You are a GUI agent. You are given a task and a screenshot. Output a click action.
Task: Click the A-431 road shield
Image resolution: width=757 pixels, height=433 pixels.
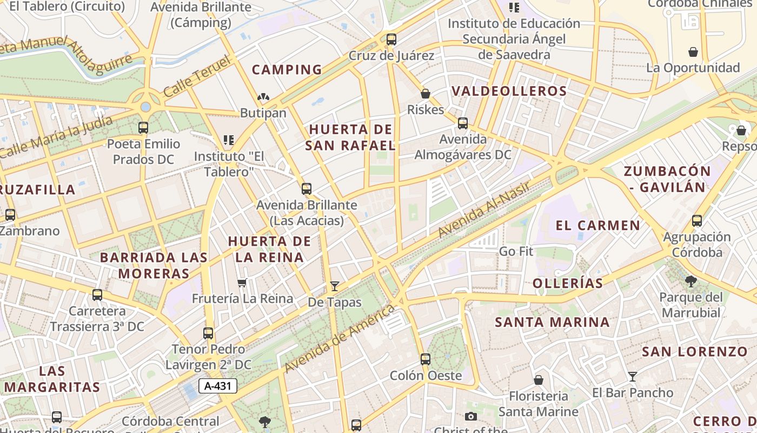pos(218,386)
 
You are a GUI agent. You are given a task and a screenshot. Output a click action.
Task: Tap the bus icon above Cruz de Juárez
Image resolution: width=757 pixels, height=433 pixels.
pos(391,40)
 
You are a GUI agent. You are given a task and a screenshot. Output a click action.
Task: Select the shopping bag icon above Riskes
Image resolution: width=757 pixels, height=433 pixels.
pos(426,94)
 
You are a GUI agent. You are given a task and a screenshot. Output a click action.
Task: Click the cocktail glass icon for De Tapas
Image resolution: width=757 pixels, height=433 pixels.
pos(335,286)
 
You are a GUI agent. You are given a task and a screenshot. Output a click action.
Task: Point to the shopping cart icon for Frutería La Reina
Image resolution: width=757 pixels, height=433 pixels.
pos(242,283)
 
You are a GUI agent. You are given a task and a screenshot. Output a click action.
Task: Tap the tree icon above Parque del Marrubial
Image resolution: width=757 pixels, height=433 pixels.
pos(690,281)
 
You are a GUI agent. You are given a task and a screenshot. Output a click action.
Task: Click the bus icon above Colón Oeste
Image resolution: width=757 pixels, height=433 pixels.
pos(426,359)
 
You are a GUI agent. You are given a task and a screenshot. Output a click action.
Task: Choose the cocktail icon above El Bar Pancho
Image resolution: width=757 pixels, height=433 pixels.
pos(632,376)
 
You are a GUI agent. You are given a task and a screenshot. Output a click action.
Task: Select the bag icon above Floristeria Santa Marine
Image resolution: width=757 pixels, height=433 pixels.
pos(538,379)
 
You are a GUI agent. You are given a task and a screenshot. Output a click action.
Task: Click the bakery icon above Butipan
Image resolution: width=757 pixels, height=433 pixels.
pos(263,97)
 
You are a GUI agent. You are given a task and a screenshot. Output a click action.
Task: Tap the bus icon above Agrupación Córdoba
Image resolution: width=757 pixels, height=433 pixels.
pos(697,221)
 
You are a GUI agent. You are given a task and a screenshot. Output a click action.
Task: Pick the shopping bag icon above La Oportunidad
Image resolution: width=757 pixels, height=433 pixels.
pos(693,52)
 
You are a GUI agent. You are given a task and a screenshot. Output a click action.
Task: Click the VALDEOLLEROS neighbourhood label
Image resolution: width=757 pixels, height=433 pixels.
pos(509,91)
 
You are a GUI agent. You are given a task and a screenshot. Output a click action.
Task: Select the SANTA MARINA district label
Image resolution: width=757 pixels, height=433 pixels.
pos(552,323)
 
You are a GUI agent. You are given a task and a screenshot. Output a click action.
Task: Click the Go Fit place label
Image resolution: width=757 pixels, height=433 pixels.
pos(516,251)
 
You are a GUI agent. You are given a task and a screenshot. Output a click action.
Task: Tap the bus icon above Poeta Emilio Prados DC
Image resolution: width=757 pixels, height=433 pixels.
pos(143,128)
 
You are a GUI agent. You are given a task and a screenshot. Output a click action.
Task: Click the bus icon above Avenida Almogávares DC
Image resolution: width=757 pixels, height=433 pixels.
pos(463,123)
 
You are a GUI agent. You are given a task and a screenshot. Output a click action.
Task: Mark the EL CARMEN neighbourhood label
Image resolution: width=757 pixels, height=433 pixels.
pos(598,225)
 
